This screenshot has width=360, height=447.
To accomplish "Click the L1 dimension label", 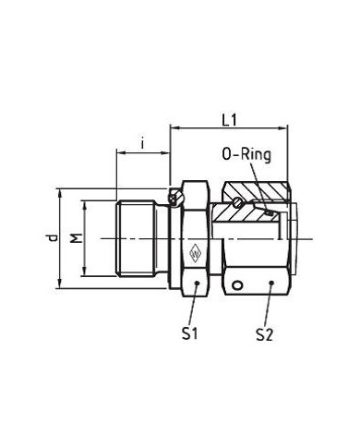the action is (230, 120).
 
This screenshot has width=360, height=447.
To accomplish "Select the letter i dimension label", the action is (142, 144).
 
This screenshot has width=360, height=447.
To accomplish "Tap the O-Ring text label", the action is (246, 154).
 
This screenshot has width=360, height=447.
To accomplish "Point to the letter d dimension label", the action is (54, 238).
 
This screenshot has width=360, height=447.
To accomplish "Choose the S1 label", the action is (189, 333).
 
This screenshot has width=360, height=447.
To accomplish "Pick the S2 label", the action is (265, 334).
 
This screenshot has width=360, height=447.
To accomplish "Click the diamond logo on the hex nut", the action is (195, 254).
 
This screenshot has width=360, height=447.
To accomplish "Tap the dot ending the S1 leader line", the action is (197, 283).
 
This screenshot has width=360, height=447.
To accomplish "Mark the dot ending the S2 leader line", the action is (271, 283).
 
